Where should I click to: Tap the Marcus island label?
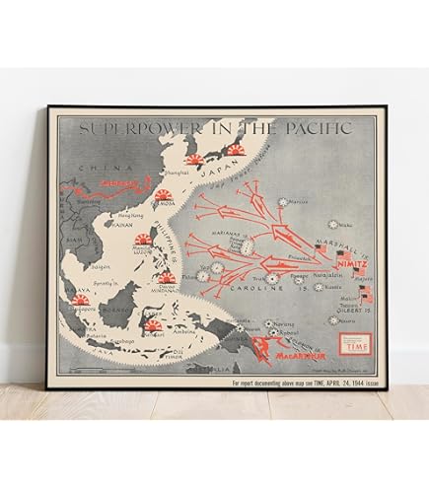click(302, 201)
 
